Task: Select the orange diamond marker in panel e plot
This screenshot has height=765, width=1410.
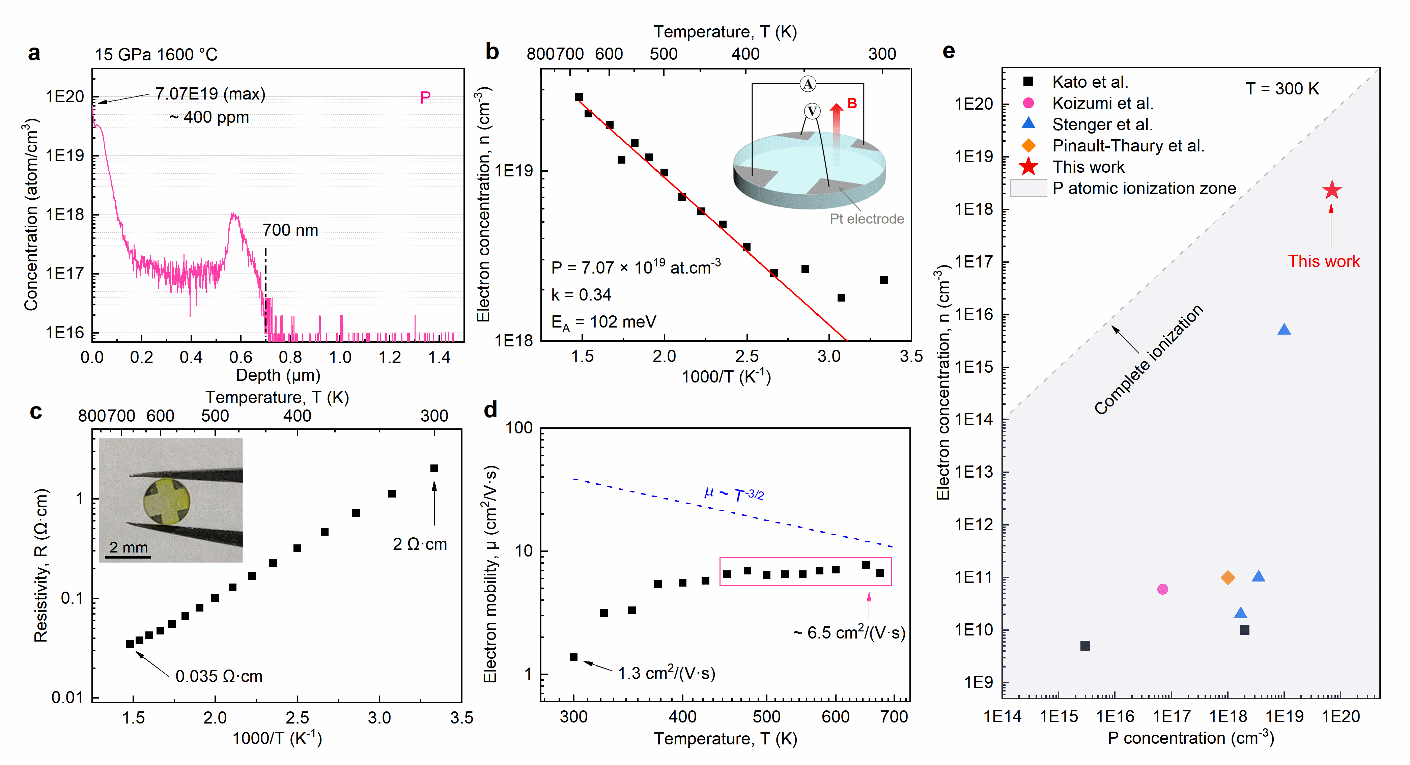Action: point(1228,577)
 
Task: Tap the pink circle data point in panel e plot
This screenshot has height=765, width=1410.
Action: point(1163,589)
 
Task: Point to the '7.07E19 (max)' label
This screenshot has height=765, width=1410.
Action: point(210,94)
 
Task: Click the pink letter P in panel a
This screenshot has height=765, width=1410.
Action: point(425,97)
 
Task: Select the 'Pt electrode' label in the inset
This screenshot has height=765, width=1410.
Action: point(867,219)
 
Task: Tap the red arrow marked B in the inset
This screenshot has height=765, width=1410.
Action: point(836,134)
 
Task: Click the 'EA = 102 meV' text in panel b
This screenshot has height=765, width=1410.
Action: point(604,322)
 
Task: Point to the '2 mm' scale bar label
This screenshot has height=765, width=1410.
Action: point(129,547)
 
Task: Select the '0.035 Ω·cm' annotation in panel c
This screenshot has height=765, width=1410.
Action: point(219,676)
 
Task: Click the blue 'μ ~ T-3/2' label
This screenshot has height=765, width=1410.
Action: point(734,493)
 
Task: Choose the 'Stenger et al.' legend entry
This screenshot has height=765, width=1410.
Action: point(1102,125)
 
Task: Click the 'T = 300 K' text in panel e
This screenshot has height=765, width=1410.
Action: point(1282,89)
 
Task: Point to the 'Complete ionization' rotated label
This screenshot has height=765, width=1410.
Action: point(1148,359)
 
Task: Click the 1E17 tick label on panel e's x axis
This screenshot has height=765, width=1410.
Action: point(1172,716)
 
